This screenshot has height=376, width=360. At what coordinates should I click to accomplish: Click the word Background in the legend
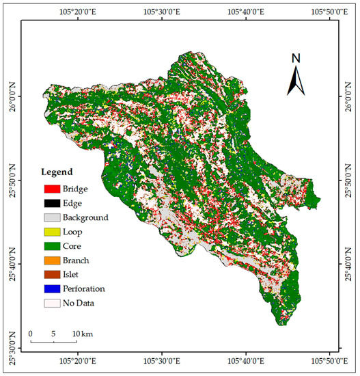click(x=85, y=217)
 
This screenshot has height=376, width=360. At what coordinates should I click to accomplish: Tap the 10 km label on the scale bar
click(x=82, y=333)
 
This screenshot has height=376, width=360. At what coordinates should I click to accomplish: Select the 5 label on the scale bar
click(x=53, y=333)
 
